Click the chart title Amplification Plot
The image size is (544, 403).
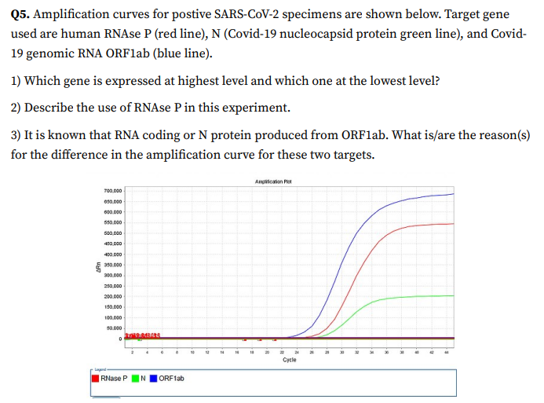(273, 181)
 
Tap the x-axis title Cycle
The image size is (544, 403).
(289, 359)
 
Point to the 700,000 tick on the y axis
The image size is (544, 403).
(111, 192)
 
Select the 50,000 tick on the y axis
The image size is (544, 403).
(111, 328)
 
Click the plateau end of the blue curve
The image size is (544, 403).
(453, 193)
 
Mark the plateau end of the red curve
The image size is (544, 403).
(453, 223)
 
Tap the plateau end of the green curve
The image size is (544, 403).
(453, 295)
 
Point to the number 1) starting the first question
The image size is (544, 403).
(16, 81)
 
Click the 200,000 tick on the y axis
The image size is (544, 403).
(111, 297)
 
